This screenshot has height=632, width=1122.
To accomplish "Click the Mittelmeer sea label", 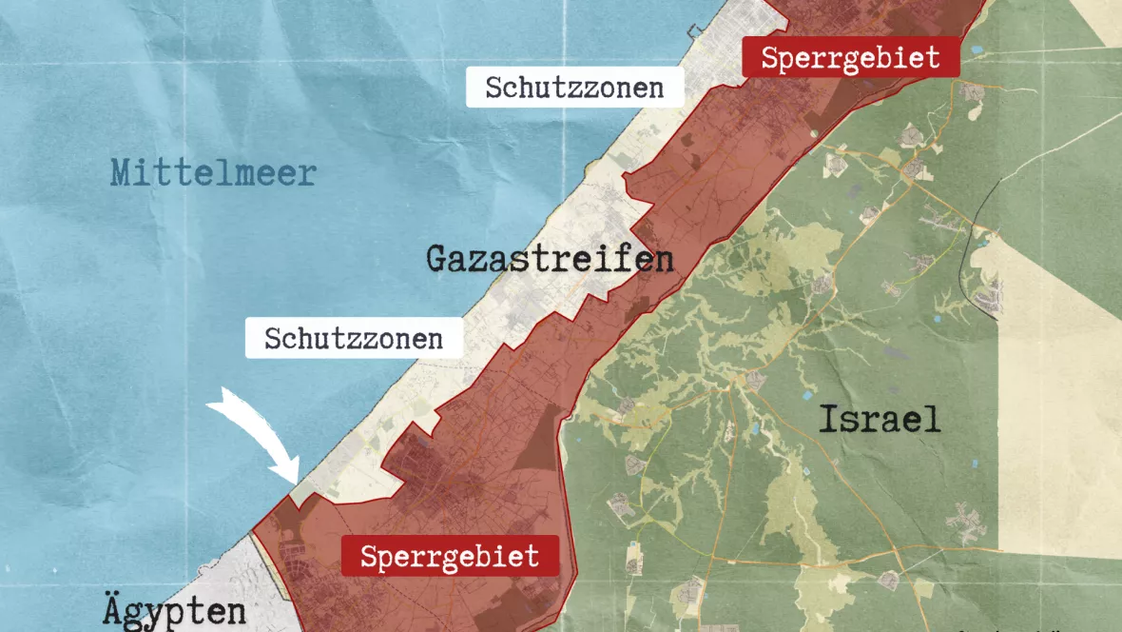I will pyautogui.click(x=213, y=173).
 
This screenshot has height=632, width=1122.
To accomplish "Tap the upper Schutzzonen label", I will pyautogui.click(x=574, y=88).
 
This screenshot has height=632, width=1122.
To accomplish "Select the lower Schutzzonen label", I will pyautogui.click(x=354, y=339).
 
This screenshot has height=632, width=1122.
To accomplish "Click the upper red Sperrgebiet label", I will pyautogui.click(x=850, y=58).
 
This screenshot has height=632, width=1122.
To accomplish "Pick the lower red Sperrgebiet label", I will pyautogui.click(x=450, y=556).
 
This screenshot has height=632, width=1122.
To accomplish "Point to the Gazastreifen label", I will pyautogui.click(x=550, y=259).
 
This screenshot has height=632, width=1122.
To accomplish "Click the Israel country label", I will pyautogui.click(x=880, y=419).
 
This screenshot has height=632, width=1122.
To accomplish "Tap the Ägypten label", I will pyautogui.click(x=174, y=610).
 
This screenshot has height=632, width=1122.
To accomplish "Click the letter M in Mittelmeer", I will pyautogui.click(x=121, y=173).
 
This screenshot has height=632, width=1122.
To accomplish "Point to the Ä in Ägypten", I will pyautogui.click(x=112, y=609).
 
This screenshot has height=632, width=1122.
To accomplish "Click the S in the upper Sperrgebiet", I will pyautogui.click(x=770, y=58).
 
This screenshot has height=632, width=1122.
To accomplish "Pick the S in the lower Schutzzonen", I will pyautogui.click(x=272, y=339).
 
